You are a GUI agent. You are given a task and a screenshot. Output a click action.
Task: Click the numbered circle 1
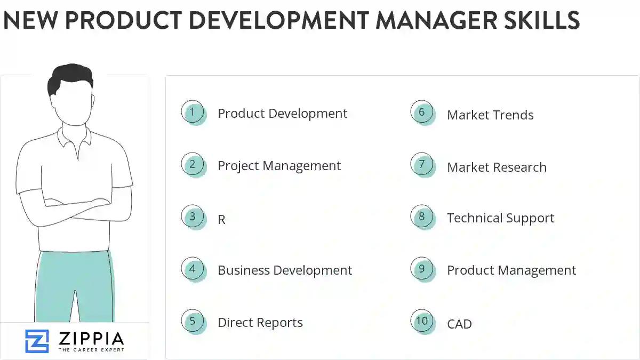pyautogui.click(x=193, y=112)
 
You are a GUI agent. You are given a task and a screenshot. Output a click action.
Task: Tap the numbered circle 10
pyautogui.click(x=422, y=321)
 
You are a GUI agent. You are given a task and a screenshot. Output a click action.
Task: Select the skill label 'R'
pyautogui.click(x=222, y=220)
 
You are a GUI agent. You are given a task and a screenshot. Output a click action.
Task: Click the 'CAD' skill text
pyautogui.click(x=459, y=324)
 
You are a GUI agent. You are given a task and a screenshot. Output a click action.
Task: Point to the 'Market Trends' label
pyautogui.click(x=490, y=115)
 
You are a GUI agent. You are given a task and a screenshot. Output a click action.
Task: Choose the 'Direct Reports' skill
pyautogui.click(x=260, y=323)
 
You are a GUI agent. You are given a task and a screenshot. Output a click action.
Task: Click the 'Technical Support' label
pyautogui.click(x=500, y=218)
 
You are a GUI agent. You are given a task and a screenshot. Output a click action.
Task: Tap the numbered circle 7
pyautogui.click(x=422, y=164)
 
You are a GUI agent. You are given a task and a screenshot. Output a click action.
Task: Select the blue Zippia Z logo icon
pyautogui.click(x=37, y=341)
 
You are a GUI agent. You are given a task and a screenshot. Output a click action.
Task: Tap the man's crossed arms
pyautogui.click(x=75, y=205)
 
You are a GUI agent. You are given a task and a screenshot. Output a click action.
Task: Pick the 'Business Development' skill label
pyautogui.click(x=285, y=270)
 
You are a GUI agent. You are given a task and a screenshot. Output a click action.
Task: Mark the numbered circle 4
pyautogui.click(x=193, y=269)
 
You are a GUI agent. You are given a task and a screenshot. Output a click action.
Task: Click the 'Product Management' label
pyautogui.click(x=511, y=270)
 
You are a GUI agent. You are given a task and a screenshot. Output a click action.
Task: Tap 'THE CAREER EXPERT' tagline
pyautogui.click(x=91, y=350)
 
